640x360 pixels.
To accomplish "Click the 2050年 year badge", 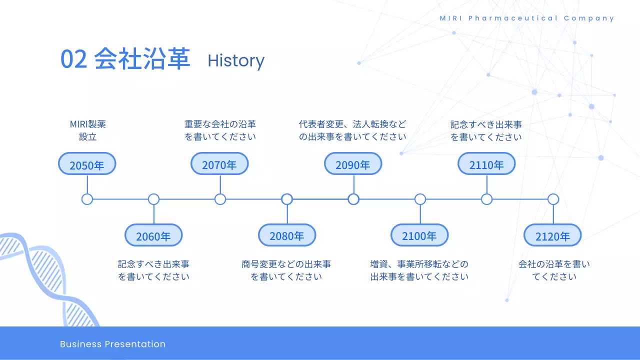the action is click(87, 163).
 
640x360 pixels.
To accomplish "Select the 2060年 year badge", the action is click(153, 235).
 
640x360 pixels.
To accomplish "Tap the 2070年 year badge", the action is click(219, 163).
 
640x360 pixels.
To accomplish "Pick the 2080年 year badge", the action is click(287, 235).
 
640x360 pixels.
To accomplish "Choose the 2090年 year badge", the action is click(353, 163).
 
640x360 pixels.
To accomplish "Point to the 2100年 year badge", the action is click(419, 235).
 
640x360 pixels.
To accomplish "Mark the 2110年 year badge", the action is click(486, 163).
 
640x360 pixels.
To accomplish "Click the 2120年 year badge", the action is click(552, 235).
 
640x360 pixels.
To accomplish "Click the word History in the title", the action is click(236, 61).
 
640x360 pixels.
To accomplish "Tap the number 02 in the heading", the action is click(73, 59).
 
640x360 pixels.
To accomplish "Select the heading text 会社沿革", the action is click(142, 58).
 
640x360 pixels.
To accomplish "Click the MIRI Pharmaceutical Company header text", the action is click(527, 18).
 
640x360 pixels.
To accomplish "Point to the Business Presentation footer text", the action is click(112, 344).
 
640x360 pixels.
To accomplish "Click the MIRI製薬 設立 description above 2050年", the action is click(87, 130).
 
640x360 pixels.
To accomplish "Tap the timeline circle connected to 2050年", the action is click(87, 199).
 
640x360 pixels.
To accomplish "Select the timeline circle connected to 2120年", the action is click(553, 199).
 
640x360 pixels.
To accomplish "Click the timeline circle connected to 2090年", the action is click(353, 199).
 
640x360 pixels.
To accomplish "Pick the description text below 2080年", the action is click(286, 270).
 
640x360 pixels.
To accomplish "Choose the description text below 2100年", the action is click(419, 270).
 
